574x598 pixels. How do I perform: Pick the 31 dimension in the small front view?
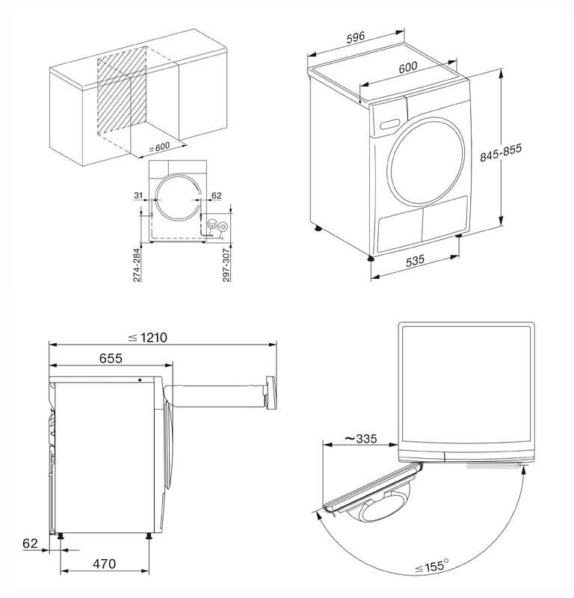137,195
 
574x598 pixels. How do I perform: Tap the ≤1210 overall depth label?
146,338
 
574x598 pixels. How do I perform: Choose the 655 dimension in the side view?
111,358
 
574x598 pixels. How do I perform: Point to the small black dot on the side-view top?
139,379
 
